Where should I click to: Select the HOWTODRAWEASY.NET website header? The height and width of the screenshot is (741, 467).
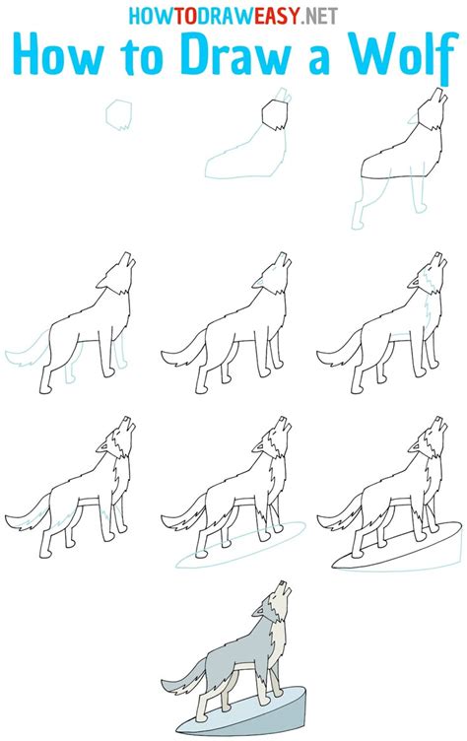point(233,15)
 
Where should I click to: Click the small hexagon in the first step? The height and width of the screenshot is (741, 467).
point(119,114)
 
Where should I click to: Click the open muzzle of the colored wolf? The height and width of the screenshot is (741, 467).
point(288,589)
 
